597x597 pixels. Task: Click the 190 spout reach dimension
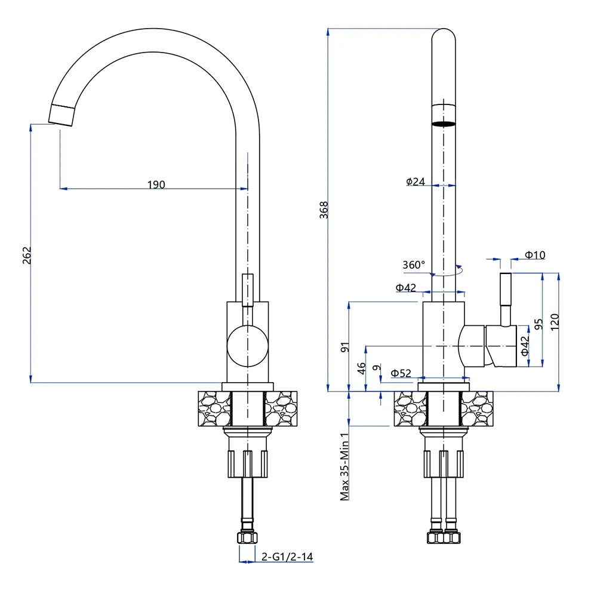click(x=156, y=184)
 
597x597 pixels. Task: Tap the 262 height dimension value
click(x=27, y=255)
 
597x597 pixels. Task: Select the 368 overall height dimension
click(x=324, y=210)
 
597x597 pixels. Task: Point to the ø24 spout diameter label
click(x=415, y=181)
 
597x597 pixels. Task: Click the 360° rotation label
click(x=414, y=264)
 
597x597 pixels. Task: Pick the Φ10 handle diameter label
click(x=535, y=255)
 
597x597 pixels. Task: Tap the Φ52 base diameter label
click(x=401, y=373)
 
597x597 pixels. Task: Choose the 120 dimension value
click(x=555, y=322)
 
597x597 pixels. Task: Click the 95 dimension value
click(x=538, y=324)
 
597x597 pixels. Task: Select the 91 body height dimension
click(x=344, y=347)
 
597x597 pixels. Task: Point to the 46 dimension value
click(x=361, y=368)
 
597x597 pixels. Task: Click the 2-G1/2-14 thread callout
click(x=288, y=557)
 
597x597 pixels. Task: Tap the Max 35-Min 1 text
click(x=344, y=467)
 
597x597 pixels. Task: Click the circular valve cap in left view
click(x=248, y=345)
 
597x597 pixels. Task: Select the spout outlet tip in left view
click(x=61, y=113)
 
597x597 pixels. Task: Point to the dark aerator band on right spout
click(x=443, y=124)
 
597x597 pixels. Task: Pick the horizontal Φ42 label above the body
click(x=406, y=288)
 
